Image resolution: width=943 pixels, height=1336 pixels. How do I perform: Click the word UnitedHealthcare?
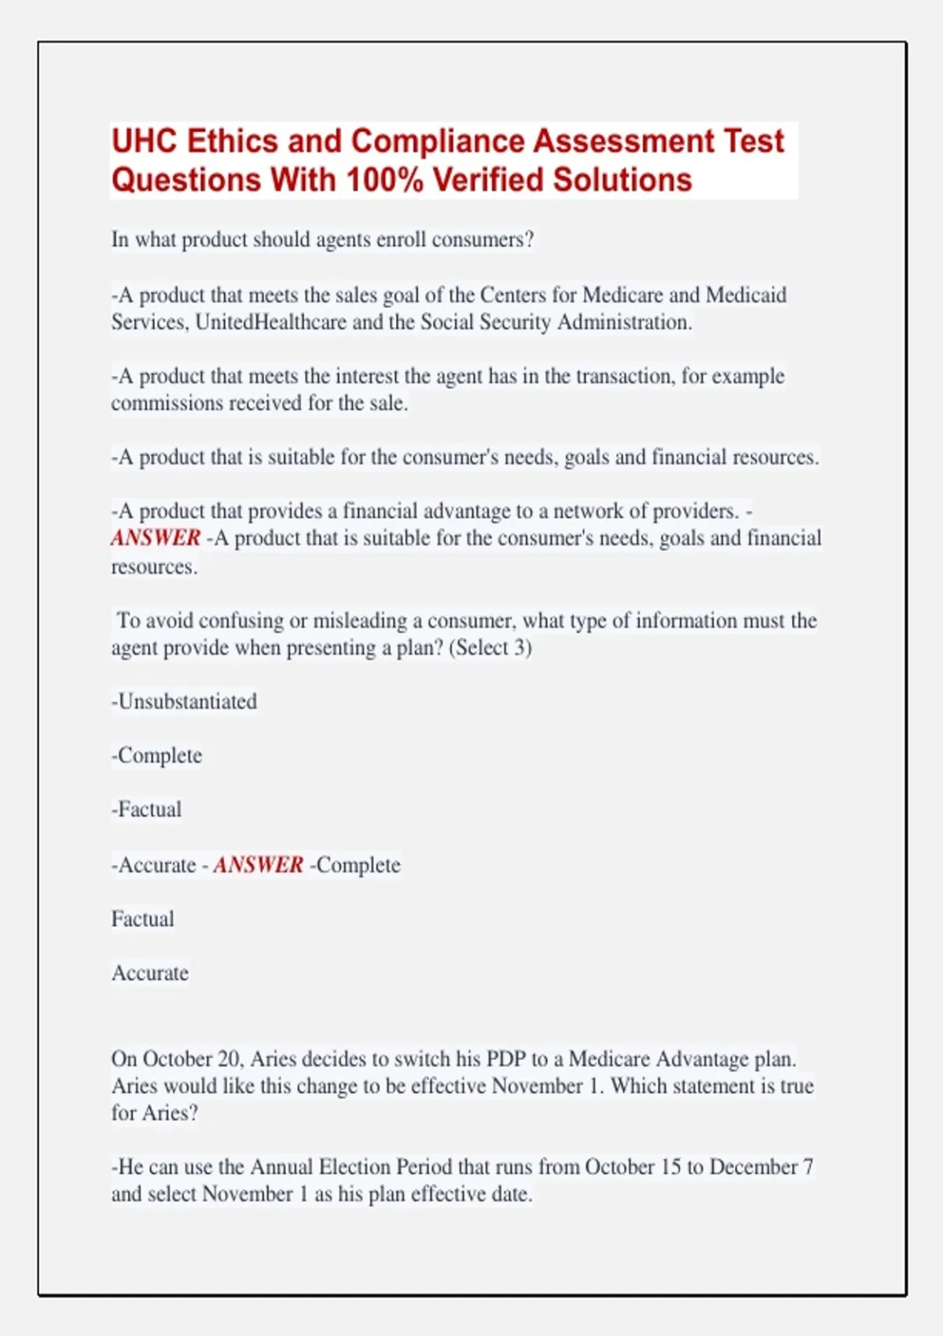tap(270, 322)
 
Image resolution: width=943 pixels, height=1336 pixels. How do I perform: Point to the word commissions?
tap(167, 403)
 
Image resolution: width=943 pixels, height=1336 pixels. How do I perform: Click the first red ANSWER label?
tap(156, 538)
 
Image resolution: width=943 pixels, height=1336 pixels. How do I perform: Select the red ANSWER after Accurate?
tap(259, 865)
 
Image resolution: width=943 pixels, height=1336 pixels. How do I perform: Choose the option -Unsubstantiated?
tap(185, 702)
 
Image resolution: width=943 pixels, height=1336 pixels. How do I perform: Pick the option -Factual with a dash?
tap(147, 809)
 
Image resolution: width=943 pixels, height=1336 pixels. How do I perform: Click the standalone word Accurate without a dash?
tap(150, 973)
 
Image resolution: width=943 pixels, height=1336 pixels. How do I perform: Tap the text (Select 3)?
tap(490, 648)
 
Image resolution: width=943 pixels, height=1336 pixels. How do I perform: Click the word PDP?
tap(505, 1059)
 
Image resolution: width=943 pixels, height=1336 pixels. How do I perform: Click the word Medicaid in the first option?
tap(746, 295)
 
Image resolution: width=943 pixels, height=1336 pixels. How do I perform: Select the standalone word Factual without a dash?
tap(142, 919)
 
